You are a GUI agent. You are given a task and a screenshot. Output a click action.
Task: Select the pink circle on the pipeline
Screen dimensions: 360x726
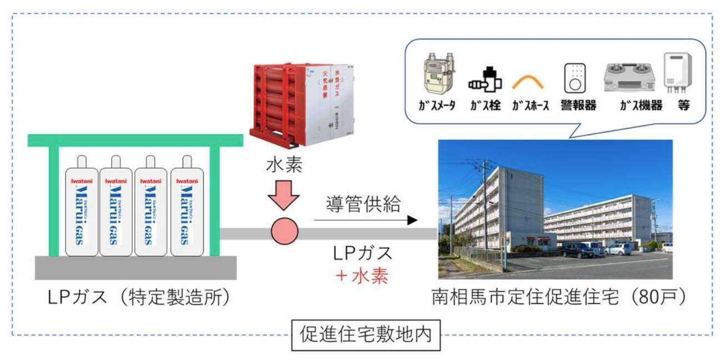284,232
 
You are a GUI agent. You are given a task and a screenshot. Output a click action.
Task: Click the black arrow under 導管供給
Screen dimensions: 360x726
366,220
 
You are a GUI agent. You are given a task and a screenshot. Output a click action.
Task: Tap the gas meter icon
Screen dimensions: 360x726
437,75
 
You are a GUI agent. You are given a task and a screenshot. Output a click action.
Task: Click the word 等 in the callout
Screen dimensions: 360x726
682,105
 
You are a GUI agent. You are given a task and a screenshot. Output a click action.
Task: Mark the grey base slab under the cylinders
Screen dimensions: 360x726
135,268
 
